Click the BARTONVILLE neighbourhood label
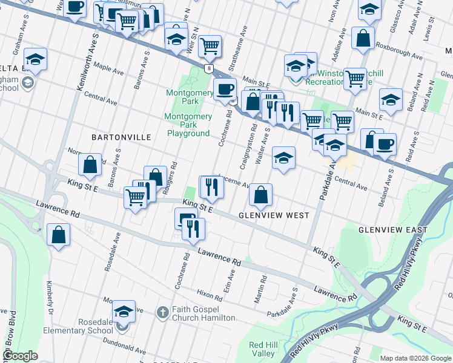point(121,137)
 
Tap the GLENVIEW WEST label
point(274,215)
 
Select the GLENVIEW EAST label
point(392,230)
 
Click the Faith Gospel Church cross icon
point(162,312)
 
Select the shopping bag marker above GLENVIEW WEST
point(260,194)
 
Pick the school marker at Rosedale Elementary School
point(124,312)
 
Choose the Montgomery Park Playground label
point(188,125)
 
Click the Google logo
point(20,356)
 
